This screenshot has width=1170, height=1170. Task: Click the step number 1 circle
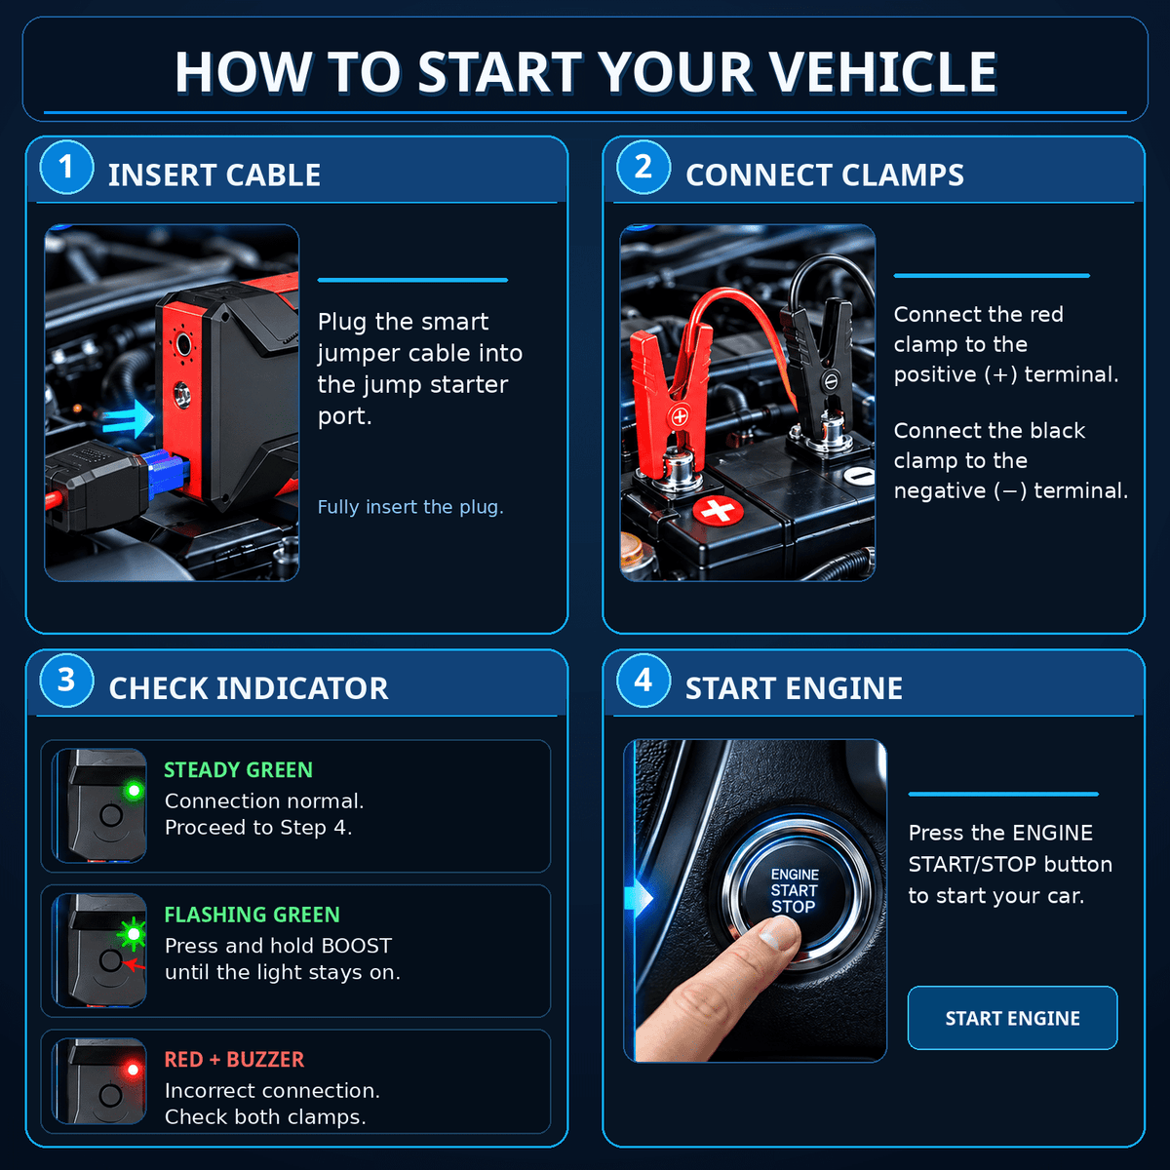tap(66, 167)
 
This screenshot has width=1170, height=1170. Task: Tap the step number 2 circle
tap(643, 167)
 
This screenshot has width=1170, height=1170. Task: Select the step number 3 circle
tap(66, 680)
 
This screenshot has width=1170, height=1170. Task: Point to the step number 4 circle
tap(643, 680)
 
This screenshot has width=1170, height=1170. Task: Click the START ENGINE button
tap(1012, 1018)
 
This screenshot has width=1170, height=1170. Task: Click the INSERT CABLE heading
tap(214, 175)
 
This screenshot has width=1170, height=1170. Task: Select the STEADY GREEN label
tap(238, 770)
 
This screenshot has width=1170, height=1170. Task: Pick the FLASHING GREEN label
tap(252, 915)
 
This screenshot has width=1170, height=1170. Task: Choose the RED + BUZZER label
tap(234, 1060)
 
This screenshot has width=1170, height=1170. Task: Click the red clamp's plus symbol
tap(680, 416)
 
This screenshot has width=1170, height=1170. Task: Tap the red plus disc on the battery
tap(718, 510)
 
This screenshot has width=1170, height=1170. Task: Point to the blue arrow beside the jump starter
tap(128, 419)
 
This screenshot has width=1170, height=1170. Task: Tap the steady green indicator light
tap(135, 791)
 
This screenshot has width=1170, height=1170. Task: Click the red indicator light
tap(134, 1070)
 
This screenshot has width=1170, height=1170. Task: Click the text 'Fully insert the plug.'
tap(410, 507)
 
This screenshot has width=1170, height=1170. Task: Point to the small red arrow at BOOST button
tap(135, 964)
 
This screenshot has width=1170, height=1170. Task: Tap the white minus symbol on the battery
tap(859, 476)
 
